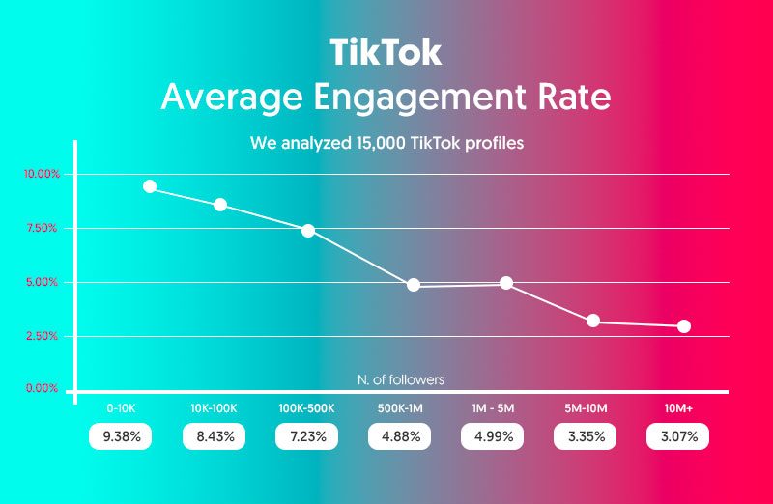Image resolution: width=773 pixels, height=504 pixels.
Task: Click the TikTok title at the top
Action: point(386,51)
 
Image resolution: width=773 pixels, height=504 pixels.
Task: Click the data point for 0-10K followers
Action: point(150,186)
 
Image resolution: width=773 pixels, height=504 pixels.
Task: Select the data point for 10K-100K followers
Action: point(220,205)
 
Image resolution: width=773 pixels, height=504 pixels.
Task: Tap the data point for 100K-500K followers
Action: point(308,230)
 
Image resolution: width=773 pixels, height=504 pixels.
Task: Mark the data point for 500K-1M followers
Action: point(414,285)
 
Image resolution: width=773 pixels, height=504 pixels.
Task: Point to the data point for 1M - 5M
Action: point(506,283)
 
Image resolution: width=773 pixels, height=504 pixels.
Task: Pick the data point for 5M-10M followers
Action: point(593,321)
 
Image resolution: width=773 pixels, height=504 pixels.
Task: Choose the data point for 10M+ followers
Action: point(684,326)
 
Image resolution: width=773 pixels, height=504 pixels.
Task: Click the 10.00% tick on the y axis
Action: point(41,175)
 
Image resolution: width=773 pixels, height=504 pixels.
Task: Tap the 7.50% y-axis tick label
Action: point(41,229)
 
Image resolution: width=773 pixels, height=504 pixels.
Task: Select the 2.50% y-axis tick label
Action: point(41,336)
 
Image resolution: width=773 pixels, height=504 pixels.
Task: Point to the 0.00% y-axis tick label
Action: point(41,388)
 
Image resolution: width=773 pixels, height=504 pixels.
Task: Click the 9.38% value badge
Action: point(122,436)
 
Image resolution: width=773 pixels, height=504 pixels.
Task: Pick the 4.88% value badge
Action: point(400,436)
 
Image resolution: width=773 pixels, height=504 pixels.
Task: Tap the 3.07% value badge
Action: point(678,436)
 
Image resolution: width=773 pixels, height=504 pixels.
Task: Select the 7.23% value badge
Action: point(307,436)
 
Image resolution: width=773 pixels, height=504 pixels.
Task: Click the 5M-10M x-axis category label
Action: point(586,408)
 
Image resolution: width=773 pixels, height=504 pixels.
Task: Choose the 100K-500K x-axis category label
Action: point(307,408)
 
